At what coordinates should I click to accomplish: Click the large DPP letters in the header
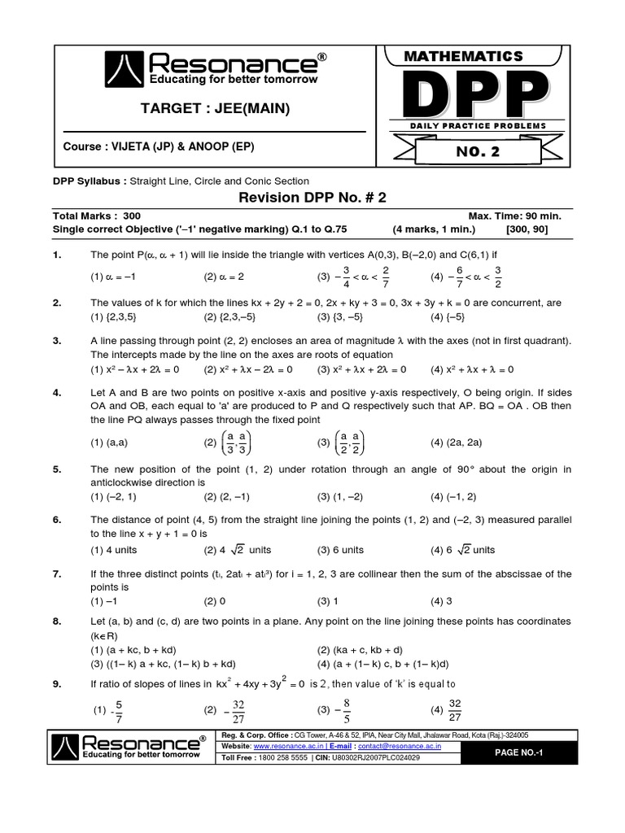point(476,94)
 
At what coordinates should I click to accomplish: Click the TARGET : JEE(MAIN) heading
point(215,109)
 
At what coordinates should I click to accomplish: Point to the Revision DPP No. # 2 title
point(312,198)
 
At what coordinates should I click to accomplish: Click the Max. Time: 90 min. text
point(514,216)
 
